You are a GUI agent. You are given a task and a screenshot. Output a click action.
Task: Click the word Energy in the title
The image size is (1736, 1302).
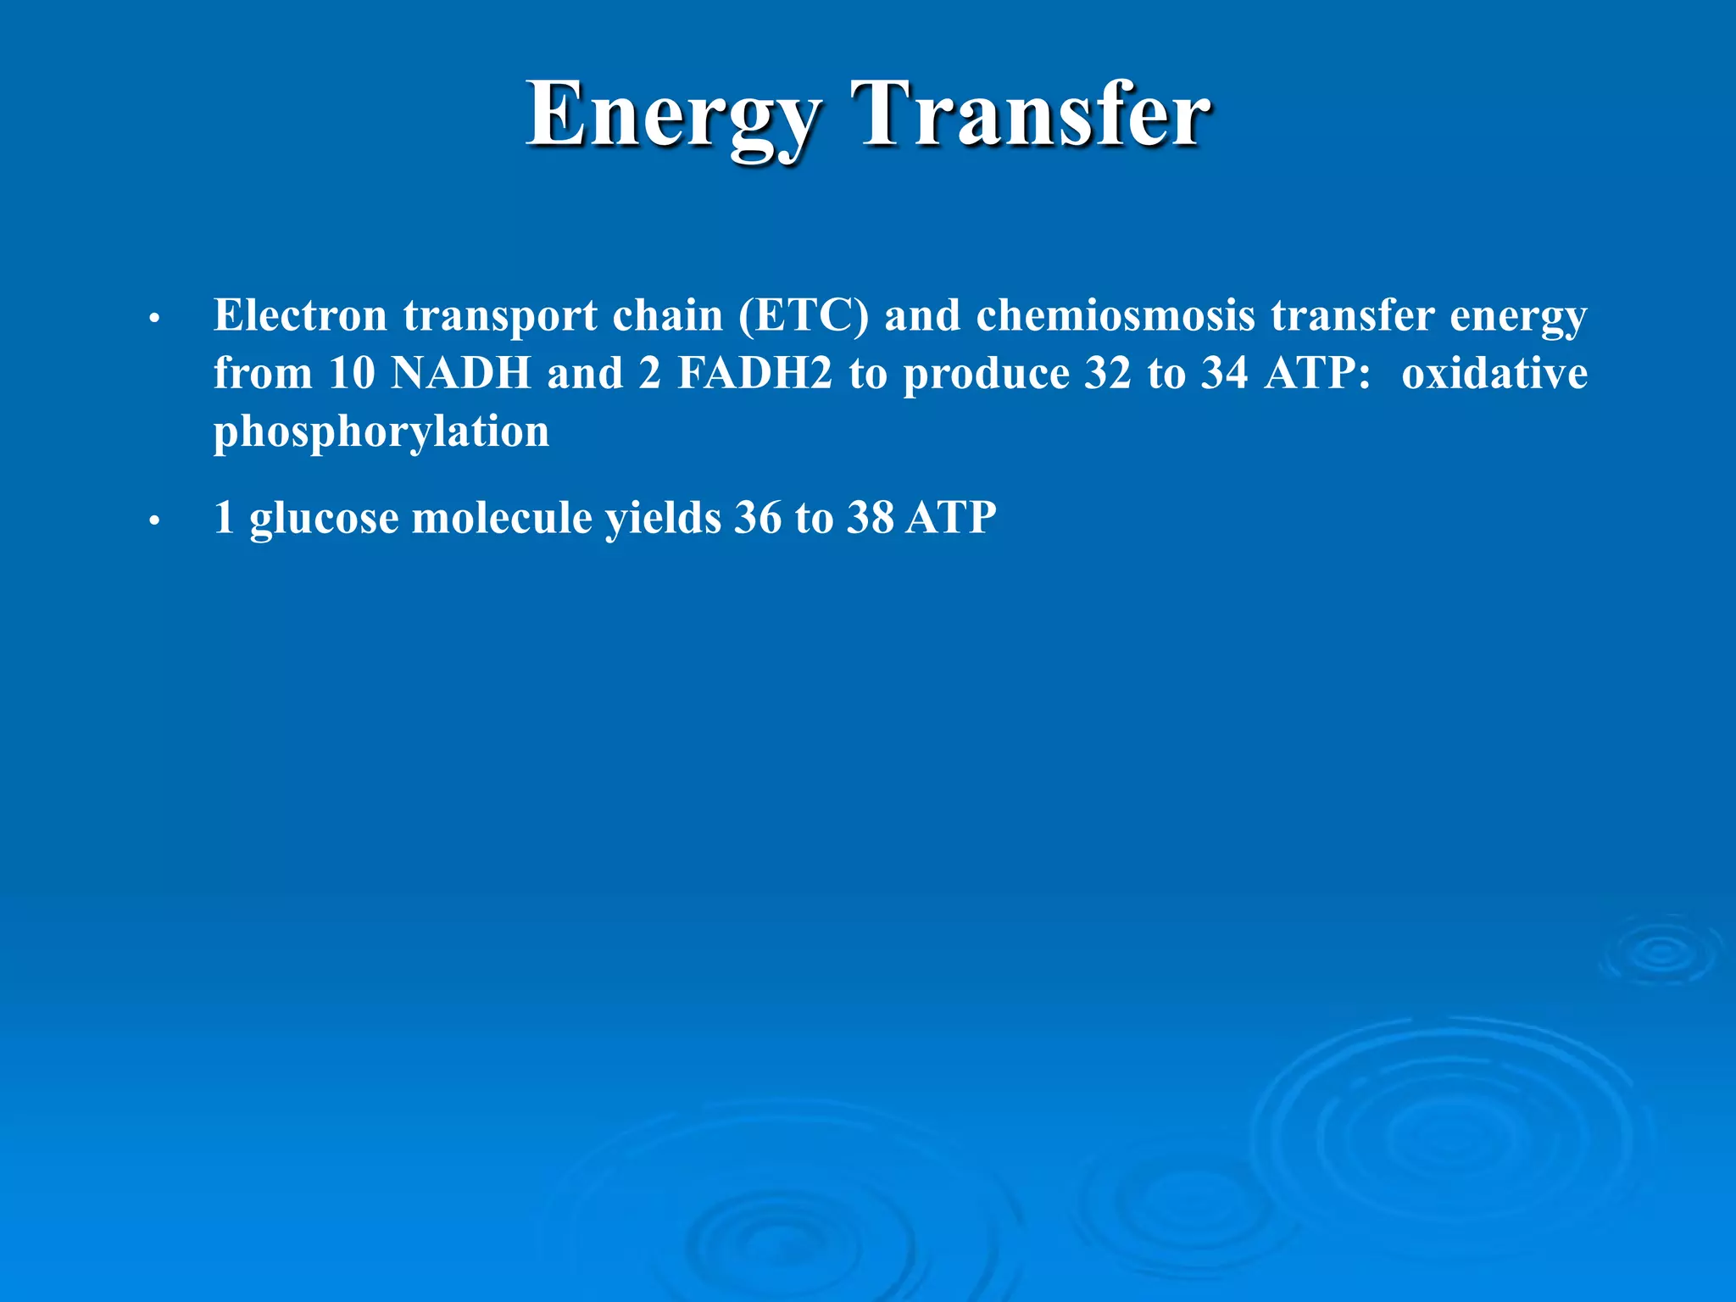tap(674, 116)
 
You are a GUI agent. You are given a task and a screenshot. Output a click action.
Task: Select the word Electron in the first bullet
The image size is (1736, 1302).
tap(300, 315)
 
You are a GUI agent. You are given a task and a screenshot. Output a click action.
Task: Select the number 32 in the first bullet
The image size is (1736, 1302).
tap(1107, 373)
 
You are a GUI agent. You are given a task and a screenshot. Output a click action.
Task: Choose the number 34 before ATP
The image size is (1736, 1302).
tap(1224, 373)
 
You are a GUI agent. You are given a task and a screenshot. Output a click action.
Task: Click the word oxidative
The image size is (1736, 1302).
tap(1494, 373)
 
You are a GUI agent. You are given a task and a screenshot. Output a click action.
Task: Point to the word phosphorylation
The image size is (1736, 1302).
tap(381, 432)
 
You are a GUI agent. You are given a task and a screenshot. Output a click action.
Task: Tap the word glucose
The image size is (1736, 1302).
tap(323, 519)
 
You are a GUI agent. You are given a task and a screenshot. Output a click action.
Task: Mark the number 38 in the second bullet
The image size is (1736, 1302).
tap(870, 517)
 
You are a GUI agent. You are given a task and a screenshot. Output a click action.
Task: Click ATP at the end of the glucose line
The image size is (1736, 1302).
tap(950, 517)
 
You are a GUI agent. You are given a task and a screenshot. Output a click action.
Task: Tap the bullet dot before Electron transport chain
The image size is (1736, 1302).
tap(153, 320)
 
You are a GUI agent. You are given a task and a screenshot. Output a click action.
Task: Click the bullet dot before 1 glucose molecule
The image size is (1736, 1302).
tap(153, 521)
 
